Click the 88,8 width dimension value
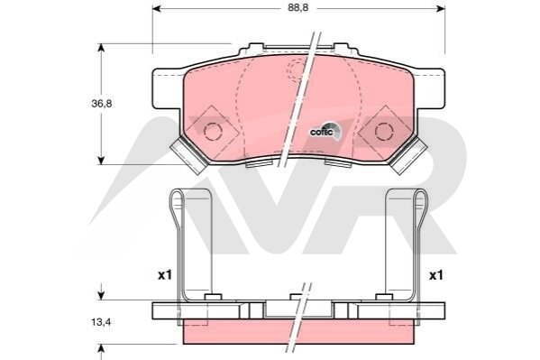point(297,7)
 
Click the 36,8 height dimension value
point(102,104)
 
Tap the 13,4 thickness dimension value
point(101,322)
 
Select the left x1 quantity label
point(165,275)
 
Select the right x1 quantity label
point(436,275)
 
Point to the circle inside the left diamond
point(212,132)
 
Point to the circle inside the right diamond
point(384,132)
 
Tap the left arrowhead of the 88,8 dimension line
point(156,9)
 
